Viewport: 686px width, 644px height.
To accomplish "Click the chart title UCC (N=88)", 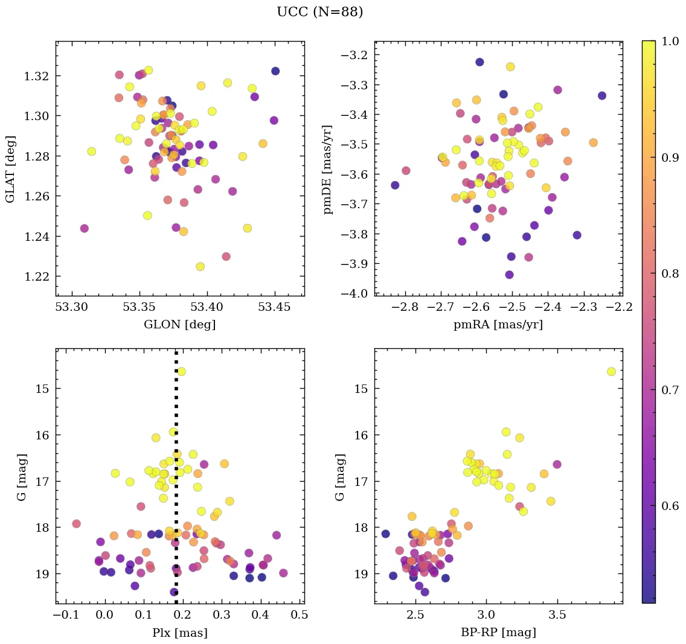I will pyautogui.click(x=319, y=12).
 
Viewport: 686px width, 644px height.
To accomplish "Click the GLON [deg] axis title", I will pyautogui.click(x=179, y=325).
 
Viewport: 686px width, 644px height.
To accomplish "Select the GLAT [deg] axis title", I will pyautogui.click(x=10, y=169).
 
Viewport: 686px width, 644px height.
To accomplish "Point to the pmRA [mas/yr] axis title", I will pyautogui.click(x=498, y=325).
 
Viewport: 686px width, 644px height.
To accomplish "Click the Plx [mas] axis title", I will pyautogui.click(x=179, y=633).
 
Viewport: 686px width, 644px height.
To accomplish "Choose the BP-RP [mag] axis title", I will pyautogui.click(x=498, y=633).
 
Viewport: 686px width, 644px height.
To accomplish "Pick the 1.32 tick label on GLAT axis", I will pyautogui.click(x=37, y=76).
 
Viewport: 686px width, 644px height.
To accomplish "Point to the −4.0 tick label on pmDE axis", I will pyautogui.click(x=354, y=294).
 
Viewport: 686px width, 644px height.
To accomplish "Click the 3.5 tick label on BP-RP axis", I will pyautogui.click(x=557, y=616).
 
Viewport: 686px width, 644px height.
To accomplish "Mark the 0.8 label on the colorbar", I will pyautogui.click(x=670, y=273).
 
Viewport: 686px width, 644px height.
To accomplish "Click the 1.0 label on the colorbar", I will pyautogui.click(x=670, y=41).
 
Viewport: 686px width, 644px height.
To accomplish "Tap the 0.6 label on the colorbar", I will pyautogui.click(x=670, y=506).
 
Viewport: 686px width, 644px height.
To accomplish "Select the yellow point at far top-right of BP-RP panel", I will pyautogui.click(x=611, y=371).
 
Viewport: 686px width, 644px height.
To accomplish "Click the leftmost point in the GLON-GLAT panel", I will pyautogui.click(x=84, y=228).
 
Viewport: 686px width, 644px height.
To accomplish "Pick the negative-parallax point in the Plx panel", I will pyautogui.click(x=76, y=523).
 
